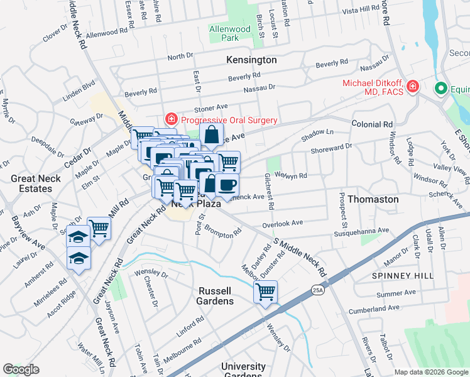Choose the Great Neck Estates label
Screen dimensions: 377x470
click(31, 183)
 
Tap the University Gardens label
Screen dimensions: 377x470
click(243, 370)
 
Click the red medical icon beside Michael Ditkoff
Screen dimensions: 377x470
click(413, 87)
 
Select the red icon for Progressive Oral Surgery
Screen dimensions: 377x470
click(170, 119)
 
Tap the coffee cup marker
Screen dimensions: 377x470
click(227, 185)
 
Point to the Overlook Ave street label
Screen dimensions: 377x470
click(283, 222)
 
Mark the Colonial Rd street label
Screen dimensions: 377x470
click(372, 124)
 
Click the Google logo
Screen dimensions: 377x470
click(21, 369)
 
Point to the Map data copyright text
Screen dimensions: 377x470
click(430, 372)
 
